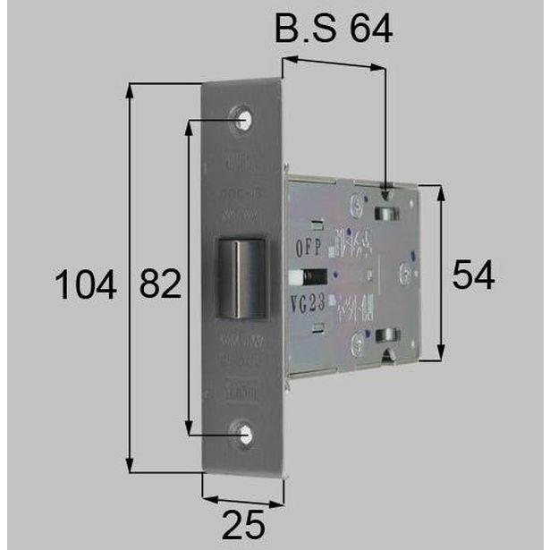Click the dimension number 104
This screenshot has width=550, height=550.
point(86,286)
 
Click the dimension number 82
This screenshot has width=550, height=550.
point(160,286)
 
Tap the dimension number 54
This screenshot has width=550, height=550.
point(472,275)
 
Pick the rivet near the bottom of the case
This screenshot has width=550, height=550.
point(359,339)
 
